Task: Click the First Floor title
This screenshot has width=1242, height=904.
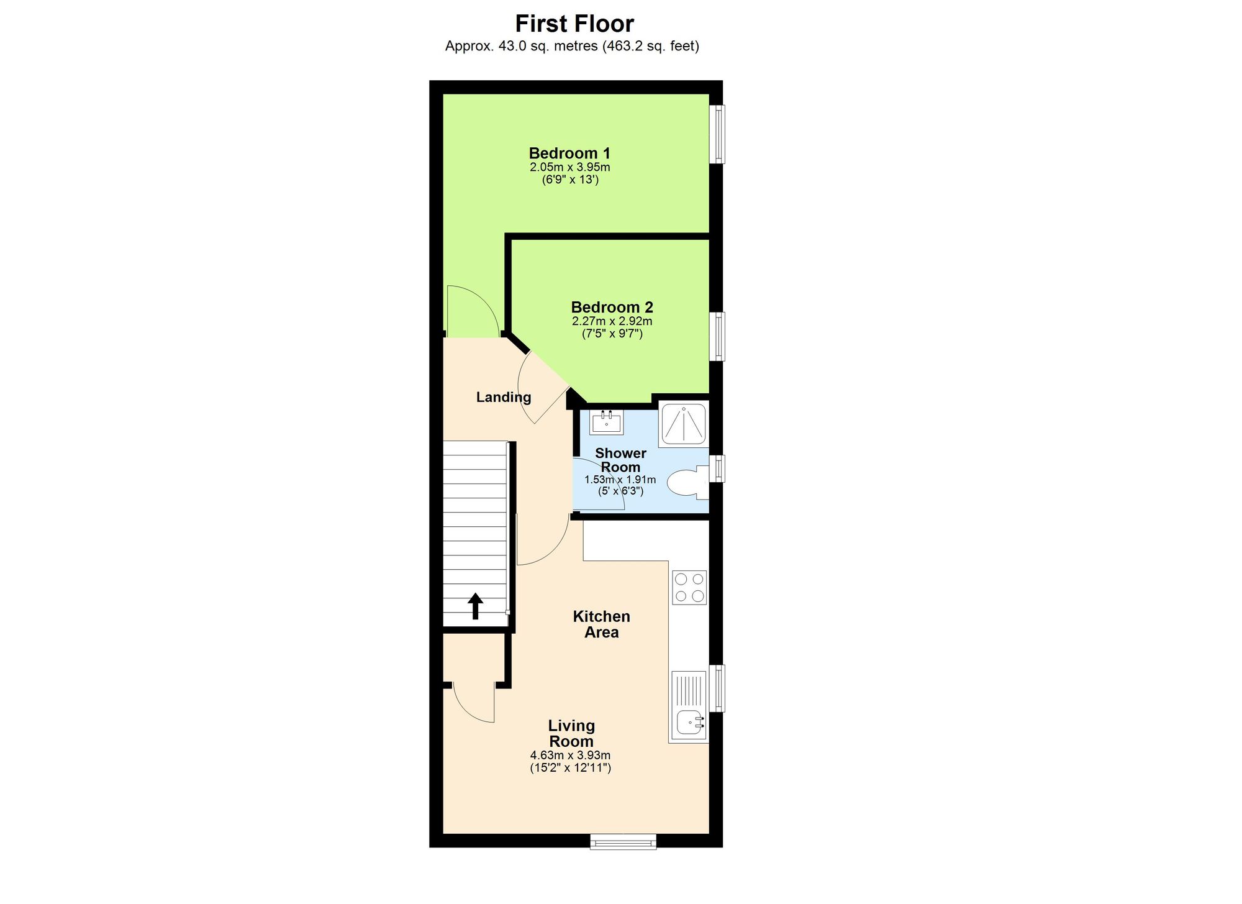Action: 574,24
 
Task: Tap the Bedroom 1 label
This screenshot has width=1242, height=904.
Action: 569,153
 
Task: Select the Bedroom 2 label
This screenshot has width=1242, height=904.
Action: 612,307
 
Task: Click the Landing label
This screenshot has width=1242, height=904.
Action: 504,397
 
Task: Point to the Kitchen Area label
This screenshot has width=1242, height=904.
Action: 601,624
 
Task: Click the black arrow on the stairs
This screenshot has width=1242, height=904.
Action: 475,606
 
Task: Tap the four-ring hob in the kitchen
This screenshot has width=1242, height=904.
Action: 689,587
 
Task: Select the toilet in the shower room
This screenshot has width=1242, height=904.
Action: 686,483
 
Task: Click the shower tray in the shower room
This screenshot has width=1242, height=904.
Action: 683,424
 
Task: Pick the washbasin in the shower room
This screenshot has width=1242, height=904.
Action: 606,422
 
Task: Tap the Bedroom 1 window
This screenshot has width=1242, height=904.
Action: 718,134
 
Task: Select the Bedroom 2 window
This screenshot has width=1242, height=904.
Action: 718,336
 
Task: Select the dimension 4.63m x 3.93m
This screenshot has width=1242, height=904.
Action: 570,756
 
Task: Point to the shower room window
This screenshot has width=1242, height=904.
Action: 718,468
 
